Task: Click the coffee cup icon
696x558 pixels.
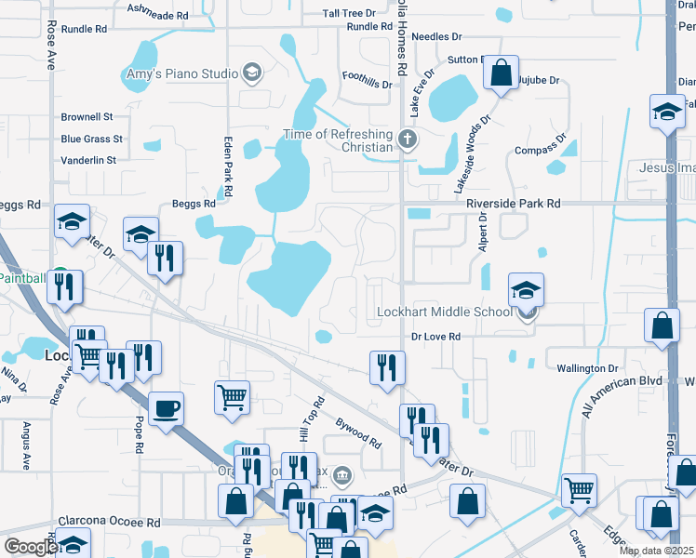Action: pyautogui.click(x=166, y=408)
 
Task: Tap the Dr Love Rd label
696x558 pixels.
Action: pyautogui.click(x=436, y=337)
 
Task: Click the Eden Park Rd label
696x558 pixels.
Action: pyautogui.click(x=228, y=160)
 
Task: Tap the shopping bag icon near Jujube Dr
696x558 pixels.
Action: pyautogui.click(x=502, y=73)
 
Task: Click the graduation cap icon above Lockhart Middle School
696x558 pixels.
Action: pyautogui.click(x=526, y=289)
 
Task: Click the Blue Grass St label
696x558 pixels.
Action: pyautogui.click(x=91, y=139)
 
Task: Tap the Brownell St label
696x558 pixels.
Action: pyautogui.click(x=87, y=117)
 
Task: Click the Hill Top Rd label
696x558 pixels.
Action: pyautogui.click(x=311, y=418)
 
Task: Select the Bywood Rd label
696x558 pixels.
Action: pyautogui.click(x=358, y=432)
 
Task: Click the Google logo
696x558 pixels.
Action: pyautogui.click(x=30, y=548)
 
